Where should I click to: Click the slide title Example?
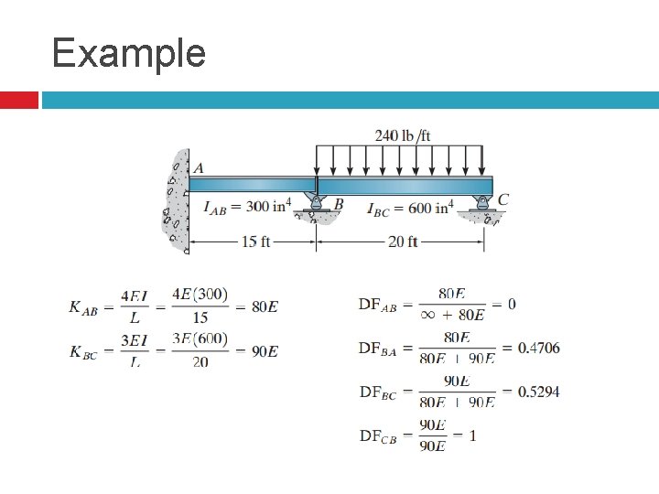(x=129, y=52)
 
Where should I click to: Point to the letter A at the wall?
(x=199, y=167)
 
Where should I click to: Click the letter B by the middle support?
(x=339, y=204)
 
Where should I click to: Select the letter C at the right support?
(x=503, y=199)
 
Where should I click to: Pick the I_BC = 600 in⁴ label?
(x=409, y=209)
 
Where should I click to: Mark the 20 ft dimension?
(x=402, y=242)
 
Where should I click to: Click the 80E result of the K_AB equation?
(x=265, y=306)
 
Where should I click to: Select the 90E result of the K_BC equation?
(x=265, y=351)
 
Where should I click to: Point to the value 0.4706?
(x=538, y=348)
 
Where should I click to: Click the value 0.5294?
(x=538, y=392)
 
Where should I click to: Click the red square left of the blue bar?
(x=18, y=100)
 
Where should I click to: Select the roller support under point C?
(x=483, y=211)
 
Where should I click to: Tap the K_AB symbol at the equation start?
(x=83, y=307)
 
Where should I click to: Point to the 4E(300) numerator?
(x=200, y=295)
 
